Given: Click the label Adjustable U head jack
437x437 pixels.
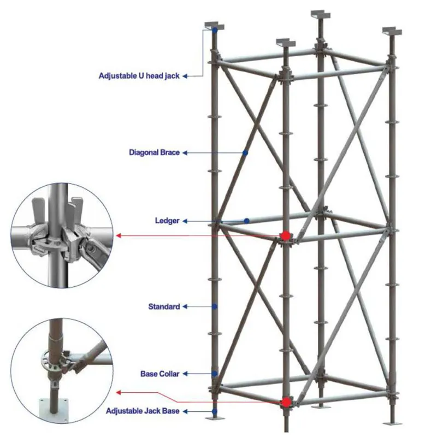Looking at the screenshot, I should pyautogui.click(x=139, y=76).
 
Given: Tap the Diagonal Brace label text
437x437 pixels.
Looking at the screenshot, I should pyautogui.click(x=154, y=153).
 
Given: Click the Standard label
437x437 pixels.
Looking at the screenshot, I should pyautogui.click(x=164, y=307).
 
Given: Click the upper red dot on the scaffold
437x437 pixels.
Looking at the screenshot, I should pyautogui.click(x=285, y=235).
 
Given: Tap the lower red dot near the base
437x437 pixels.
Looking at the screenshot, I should pyautogui.click(x=285, y=402).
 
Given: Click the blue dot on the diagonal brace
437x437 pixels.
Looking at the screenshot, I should pyautogui.click(x=245, y=153).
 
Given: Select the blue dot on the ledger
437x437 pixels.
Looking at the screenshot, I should pyautogui.click(x=247, y=221).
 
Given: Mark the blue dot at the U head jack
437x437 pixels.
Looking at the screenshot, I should pyautogui.click(x=215, y=30).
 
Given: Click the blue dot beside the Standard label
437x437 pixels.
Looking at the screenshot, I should pyautogui.click(x=215, y=307).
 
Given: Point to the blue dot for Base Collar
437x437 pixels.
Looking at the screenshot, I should pyautogui.click(x=215, y=374).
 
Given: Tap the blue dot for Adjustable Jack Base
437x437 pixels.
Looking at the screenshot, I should pyautogui.click(x=215, y=411).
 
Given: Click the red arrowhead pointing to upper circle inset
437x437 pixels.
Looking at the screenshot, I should pyautogui.click(x=119, y=235).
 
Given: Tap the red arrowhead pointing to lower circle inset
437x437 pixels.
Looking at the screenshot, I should pyautogui.click(x=119, y=392).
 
